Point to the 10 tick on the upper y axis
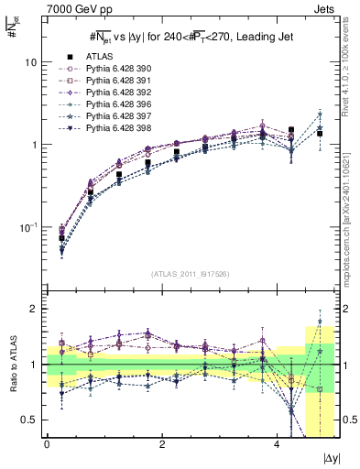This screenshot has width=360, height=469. click(30, 62)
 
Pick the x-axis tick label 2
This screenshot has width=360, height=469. click(162, 446)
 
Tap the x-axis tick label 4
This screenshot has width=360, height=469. click(277, 446)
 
